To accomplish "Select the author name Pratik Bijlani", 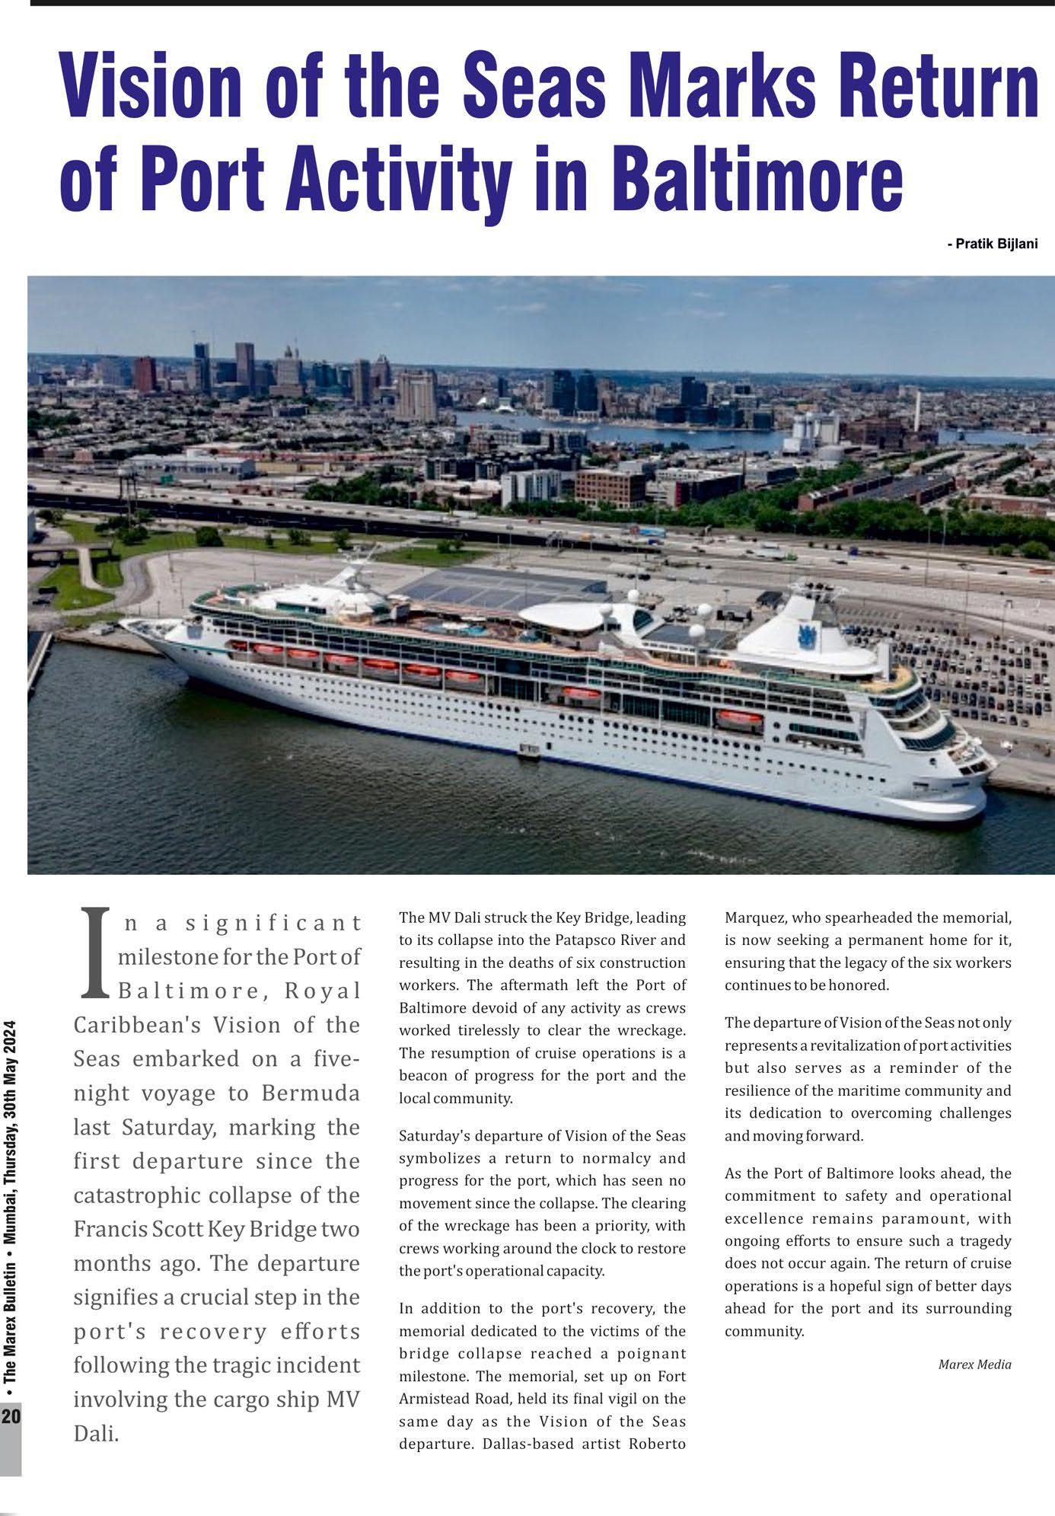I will tap(993, 244).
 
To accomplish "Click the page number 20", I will tap(11, 1417).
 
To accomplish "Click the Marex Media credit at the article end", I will tap(974, 1364).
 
